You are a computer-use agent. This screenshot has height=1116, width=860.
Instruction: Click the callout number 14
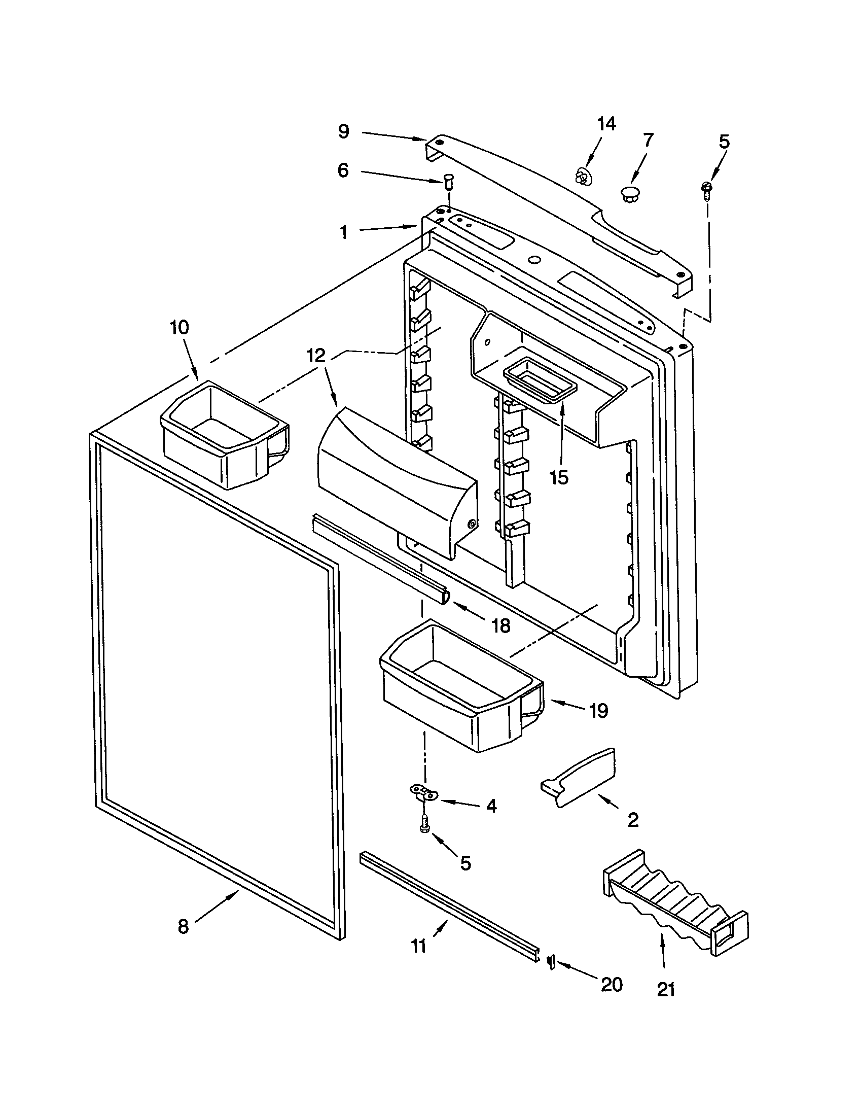point(606,124)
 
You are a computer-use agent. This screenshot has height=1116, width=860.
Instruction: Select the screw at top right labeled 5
point(707,190)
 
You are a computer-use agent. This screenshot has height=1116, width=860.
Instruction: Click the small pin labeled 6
point(448,182)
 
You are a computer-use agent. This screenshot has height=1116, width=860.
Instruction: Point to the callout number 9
point(344,131)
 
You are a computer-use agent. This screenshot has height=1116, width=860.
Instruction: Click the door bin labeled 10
point(225,434)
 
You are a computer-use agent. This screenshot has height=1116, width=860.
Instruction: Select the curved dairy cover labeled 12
point(396,478)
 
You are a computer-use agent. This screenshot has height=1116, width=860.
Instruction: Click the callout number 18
point(501,625)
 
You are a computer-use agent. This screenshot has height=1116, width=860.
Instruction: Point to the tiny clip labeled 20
point(551,962)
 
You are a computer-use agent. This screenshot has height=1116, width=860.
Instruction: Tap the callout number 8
point(183,926)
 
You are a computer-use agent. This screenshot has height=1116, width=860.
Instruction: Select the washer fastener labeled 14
point(581,177)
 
